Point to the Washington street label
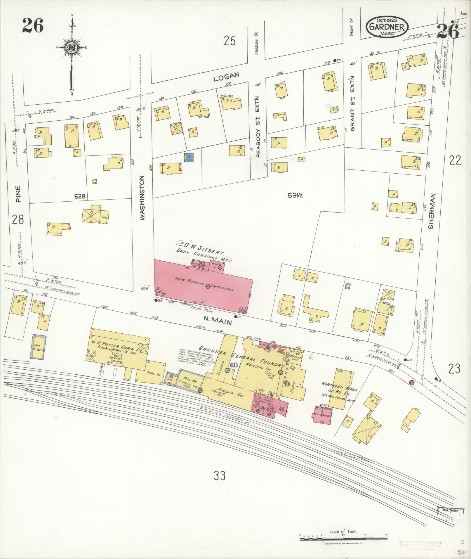(142, 198)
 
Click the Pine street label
(18, 194)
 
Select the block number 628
(79, 196)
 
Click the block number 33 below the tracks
(220, 476)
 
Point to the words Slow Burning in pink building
(187, 281)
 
